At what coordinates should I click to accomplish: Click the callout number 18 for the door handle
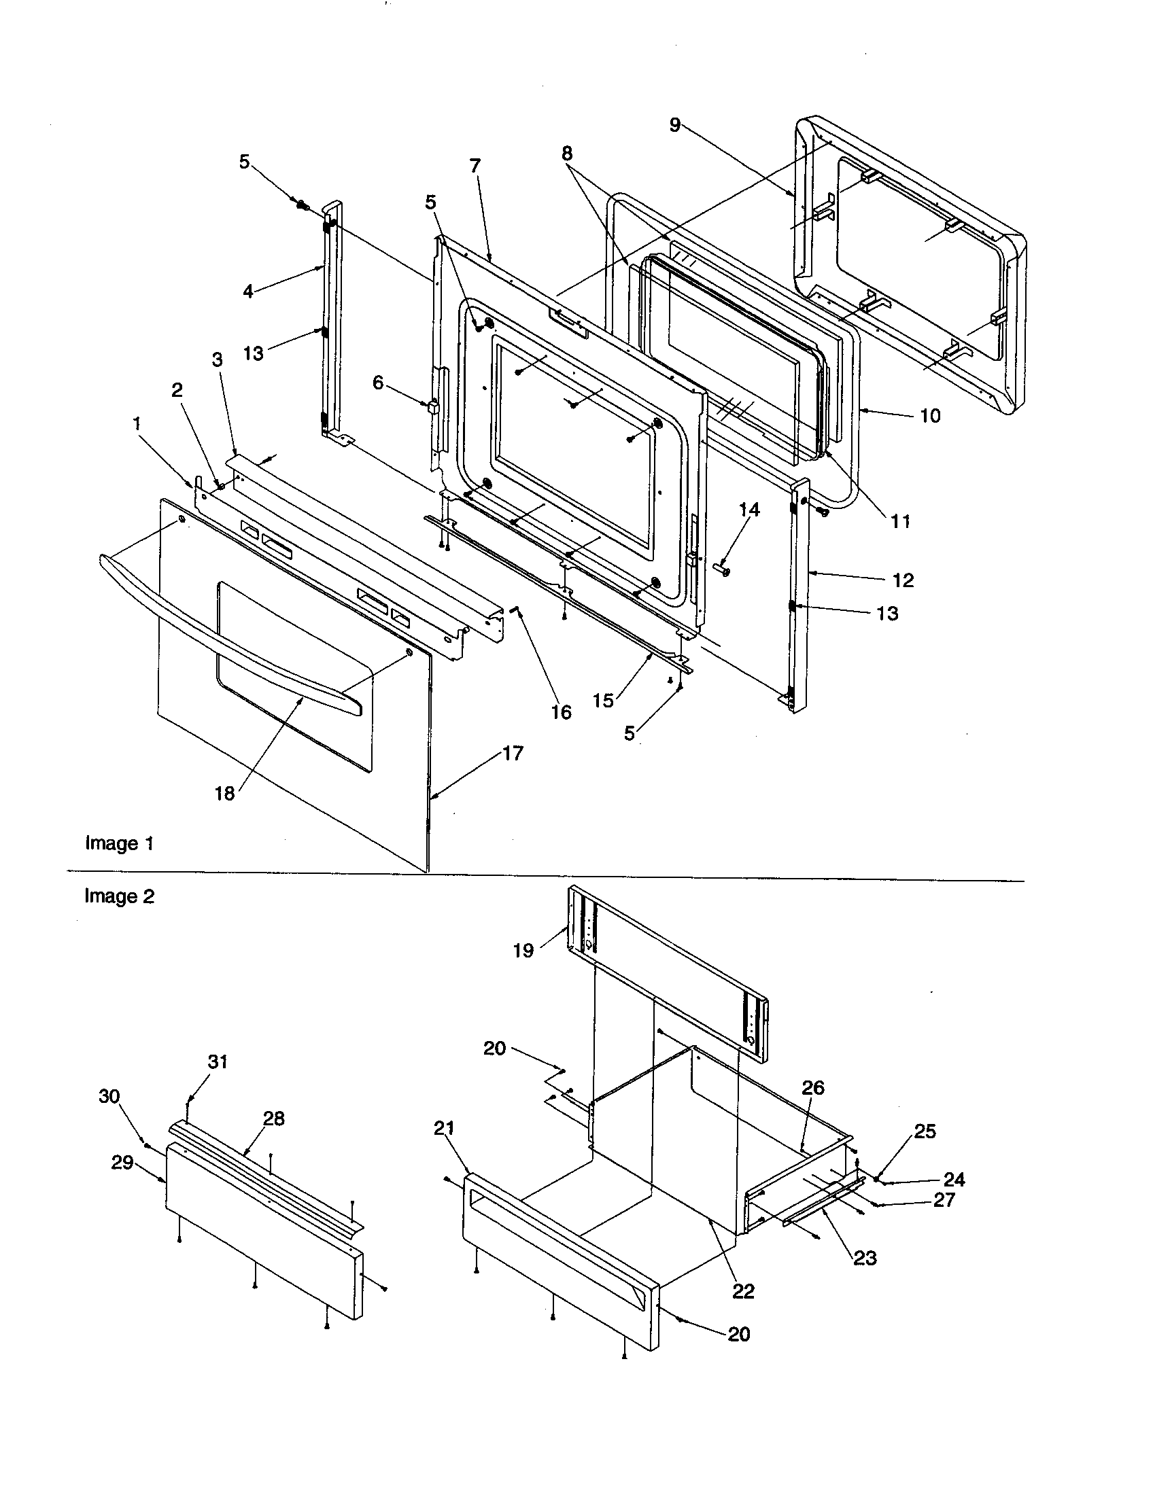224,793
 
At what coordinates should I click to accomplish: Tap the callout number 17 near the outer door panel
513,754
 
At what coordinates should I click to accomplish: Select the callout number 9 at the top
674,125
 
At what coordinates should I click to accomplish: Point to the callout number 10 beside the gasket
930,415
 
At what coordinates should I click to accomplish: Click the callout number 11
900,522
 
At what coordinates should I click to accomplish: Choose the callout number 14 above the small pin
749,509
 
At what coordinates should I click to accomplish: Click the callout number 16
561,713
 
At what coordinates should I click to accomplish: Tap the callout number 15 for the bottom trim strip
602,701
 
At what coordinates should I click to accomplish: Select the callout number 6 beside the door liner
378,383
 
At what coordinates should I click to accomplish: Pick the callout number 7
475,166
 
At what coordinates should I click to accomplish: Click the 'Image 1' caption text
119,843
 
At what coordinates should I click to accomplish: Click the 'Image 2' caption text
119,896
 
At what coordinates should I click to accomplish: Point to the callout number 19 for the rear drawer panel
523,951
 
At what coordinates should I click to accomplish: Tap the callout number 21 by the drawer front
444,1128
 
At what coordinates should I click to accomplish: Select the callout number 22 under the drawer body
743,1291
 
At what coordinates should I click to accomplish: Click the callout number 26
812,1088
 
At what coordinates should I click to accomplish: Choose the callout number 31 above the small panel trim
218,1061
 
